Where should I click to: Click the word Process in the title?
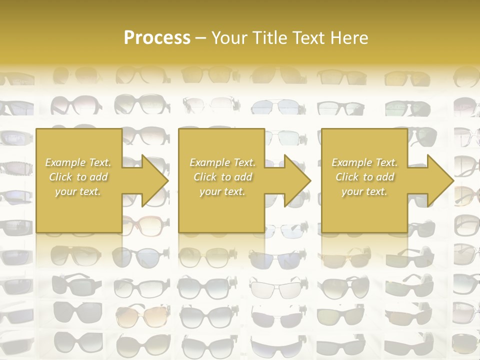coord(157,38)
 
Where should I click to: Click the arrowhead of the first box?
coord(152,180)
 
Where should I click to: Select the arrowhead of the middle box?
coord(295,180)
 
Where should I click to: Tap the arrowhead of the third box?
coord(438,180)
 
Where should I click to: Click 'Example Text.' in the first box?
coord(78,162)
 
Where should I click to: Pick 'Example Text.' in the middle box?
coord(222,162)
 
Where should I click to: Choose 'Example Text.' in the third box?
coord(364,162)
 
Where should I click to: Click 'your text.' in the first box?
coord(78,191)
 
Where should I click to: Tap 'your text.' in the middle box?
coord(222,191)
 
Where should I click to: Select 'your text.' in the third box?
coord(364,191)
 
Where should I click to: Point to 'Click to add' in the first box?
coord(78,177)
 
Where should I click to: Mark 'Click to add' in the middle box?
coord(222,177)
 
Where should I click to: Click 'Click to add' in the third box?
coord(364,177)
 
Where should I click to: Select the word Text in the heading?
coord(307,38)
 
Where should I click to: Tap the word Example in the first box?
coord(65,162)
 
